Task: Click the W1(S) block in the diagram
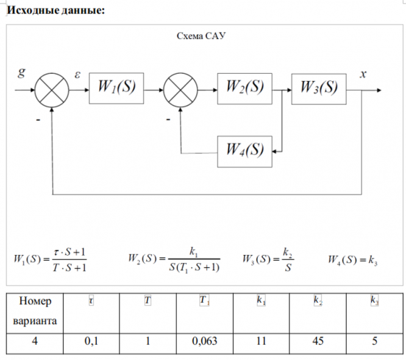click(x=116, y=88)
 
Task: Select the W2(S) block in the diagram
click(x=244, y=88)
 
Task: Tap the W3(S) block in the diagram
click(x=319, y=89)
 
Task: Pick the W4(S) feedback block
click(x=244, y=151)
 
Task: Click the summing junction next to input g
click(x=52, y=90)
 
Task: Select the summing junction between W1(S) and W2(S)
click(x=180, y=90)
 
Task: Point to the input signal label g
click(x=22, y=72)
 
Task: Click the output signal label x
click(x=363, y=74)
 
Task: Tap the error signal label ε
click(x=77, y=74)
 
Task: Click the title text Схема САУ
click(x=201, y=36)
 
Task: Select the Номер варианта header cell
click(x=35, y=314)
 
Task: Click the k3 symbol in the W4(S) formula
click(x=373, y=260)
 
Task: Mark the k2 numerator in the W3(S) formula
click(x=288, y=252)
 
